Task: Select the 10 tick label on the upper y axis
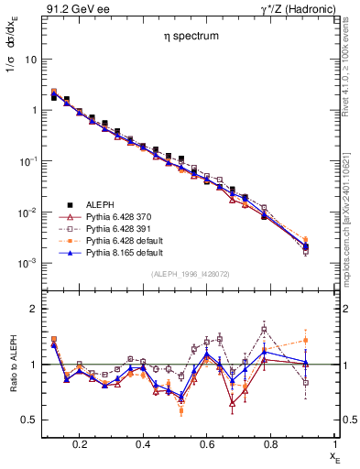(30, 59)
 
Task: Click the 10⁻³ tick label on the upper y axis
(27, 263)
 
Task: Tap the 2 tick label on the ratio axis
(33, 309)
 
